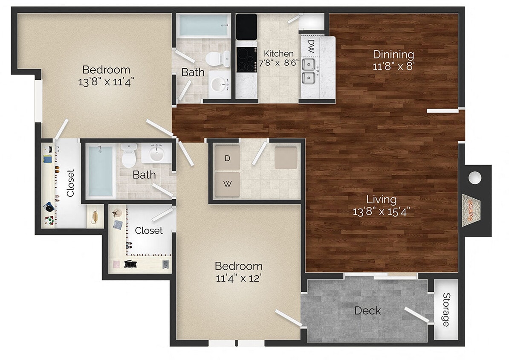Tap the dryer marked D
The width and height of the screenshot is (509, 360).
tap(227, 158)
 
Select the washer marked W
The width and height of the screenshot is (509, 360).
tap(227, 184)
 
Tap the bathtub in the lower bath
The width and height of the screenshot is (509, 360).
tap(101, 171)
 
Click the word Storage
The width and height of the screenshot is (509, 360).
tap(446, 309)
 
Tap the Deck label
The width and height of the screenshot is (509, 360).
tap(367, 311)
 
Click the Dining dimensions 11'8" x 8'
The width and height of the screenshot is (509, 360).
tap(393, 67)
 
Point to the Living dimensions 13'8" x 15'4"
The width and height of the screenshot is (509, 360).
tap(382, 211)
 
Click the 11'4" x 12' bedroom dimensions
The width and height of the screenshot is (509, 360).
tap(238, 279)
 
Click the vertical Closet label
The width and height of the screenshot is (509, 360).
tap(70, 183)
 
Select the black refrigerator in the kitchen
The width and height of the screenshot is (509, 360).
tap(247, 26)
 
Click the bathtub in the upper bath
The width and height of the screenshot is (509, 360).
tap(202, 26)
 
